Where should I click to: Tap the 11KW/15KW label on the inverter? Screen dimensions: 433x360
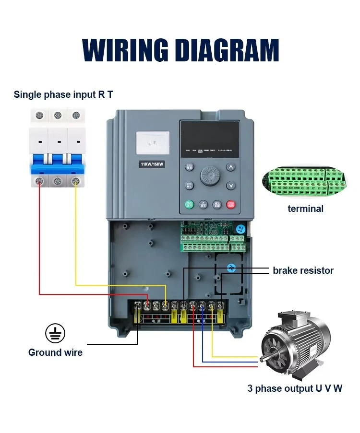[152, 164]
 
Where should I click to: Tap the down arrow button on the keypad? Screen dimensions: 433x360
[231, 186]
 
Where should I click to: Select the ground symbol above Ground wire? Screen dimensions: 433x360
[55, 333]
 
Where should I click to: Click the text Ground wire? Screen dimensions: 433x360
[55, 352]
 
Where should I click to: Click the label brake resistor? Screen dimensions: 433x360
[303, 270]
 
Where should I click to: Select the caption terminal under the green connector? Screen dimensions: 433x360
[305, 209]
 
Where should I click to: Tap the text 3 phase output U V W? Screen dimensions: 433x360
[295, 388]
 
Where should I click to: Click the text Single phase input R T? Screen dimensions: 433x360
[63, 94]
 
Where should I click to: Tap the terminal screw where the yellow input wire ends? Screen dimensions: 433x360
[166, 305]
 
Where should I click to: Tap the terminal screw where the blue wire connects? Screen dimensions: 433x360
[202, 305]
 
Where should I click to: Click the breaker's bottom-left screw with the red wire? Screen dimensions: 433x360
[39, 181]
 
